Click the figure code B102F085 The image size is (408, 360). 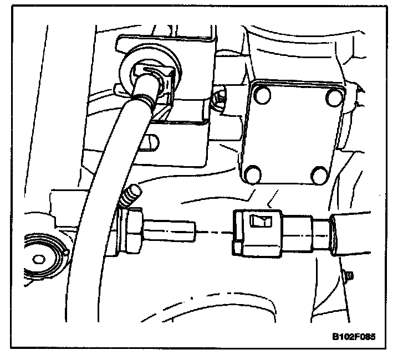358,337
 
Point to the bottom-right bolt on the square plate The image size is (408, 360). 320,176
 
